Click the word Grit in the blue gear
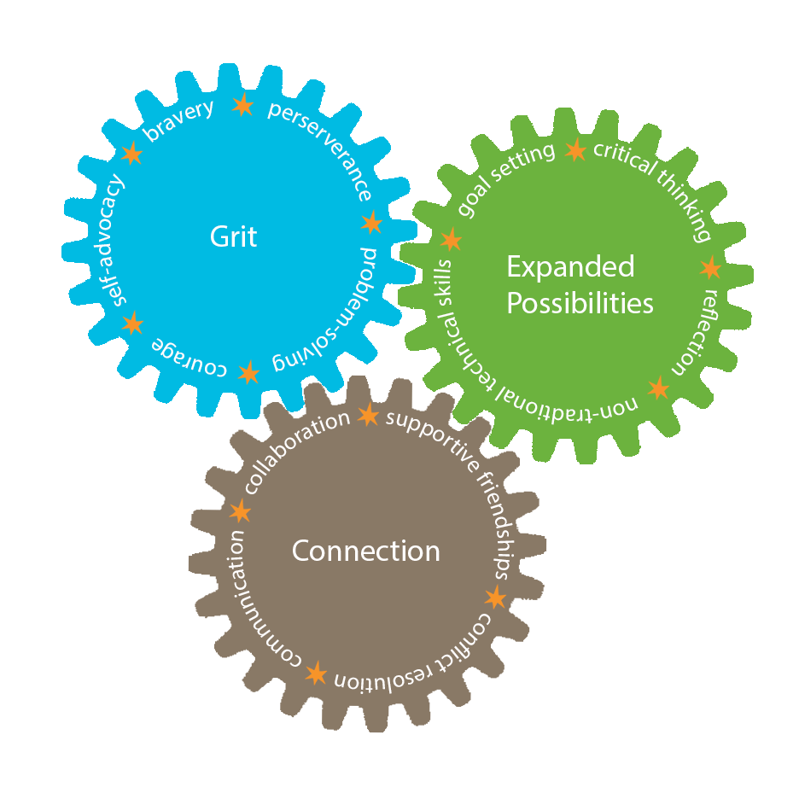point(233,236)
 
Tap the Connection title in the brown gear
point(365,551)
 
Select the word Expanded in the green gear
point(569,267)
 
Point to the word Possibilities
point(580,303)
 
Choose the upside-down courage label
point(190,357)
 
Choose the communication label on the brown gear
point(248,598)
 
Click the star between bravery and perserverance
point(243,105)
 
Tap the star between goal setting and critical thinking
point(575,150)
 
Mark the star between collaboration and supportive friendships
point(368,416)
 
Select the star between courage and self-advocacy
point(132,324)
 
